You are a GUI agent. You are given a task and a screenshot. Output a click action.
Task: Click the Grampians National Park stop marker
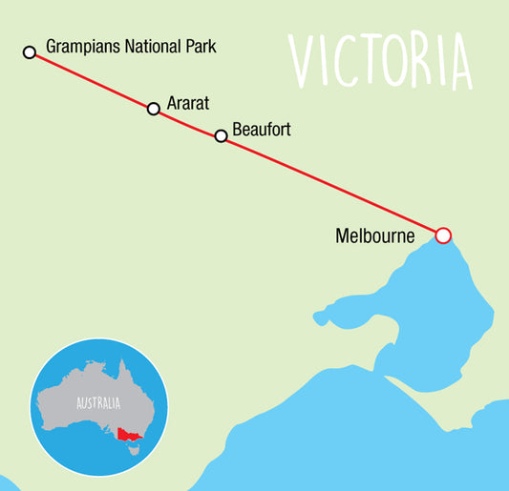pyautogui.click(x=30, y=51)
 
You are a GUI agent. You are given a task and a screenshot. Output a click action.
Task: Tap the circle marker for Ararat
pyautogui.click(x=154, y=109)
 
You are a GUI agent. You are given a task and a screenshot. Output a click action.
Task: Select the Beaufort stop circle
pyautogui.click(x=222, y=136)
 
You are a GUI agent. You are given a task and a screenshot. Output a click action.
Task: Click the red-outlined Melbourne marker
pyautogui.click(x=442, y=235)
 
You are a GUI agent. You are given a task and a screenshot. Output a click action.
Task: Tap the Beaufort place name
pyautogui.click(x=261, y=128)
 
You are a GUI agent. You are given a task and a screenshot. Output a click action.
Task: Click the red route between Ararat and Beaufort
pyautogui.click(x=187, y=122)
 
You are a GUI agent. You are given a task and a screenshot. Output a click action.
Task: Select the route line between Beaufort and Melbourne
pyautogui.click(x=331, y=186)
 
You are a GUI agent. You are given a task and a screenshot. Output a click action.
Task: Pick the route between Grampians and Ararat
pyautogui.click(x=92, y=80)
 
